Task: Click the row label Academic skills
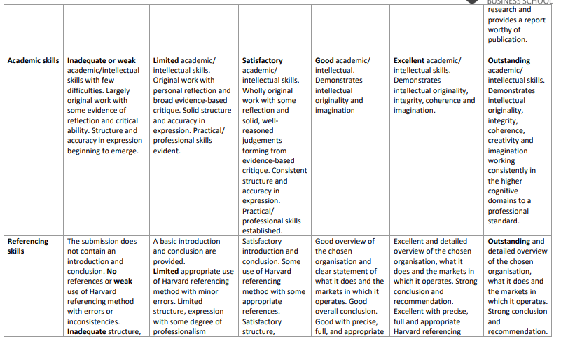click(34, 61)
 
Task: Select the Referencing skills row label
click(28, 246)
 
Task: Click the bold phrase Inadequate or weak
click(102, 61)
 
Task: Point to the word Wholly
click(256, 91)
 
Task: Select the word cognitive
click(503, 191)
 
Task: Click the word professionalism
click(180, 332)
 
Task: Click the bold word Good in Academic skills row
click(325, 61)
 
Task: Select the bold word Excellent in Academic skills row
click(409, 61)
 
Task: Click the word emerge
click(124, 151)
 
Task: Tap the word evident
click(167, 151)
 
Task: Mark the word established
click(262, 230)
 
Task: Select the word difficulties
click(86, 91)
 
